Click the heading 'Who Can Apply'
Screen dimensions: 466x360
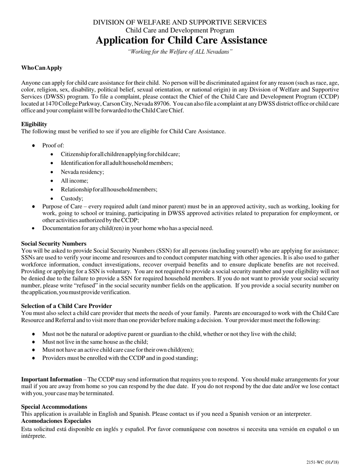(x=42, y=68)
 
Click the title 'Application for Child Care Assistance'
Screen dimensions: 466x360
(x=181, y=41)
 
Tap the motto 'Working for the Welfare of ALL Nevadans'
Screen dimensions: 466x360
(x=180, y=52)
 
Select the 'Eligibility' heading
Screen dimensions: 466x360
(x=34, y=124)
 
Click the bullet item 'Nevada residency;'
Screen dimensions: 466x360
(x=82, y=172)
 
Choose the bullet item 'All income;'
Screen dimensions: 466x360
(x=74, y=181)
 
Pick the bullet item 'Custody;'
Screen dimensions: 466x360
(x=72, y=199)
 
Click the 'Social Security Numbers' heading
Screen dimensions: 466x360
(x=54, y=244)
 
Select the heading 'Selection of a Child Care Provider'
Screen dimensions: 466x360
(x=66, y=306)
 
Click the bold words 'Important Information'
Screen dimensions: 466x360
(x=52, y=379)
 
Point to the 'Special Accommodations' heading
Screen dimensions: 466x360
(x=54, y=407)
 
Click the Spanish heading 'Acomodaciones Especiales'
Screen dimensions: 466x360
(x=56, y=421)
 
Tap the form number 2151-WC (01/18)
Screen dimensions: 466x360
(x=322, y=462)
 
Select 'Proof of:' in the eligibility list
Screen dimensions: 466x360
(x=53, y=145)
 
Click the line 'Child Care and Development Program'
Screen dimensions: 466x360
(x=180, y=30)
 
